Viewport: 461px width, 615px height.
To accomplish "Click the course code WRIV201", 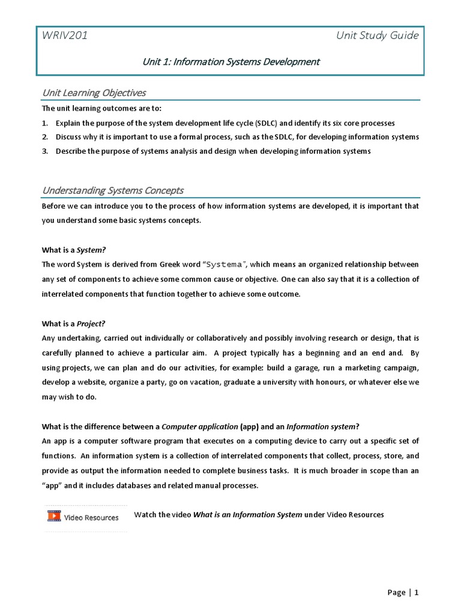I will (64, 35).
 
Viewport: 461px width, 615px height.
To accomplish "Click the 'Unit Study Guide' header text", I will (378, 35).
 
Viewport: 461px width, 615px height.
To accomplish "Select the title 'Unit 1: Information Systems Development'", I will (230, 61).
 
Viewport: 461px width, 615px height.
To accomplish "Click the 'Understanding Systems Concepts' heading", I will (113, 190).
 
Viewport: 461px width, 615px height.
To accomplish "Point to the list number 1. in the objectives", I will (45, 123).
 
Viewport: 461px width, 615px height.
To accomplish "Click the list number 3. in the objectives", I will (45, 151).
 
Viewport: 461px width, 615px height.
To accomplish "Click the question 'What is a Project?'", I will (77, 324).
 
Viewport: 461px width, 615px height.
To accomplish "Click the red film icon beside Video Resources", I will (54, 516).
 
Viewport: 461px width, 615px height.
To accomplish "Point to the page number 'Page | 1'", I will (403, 592).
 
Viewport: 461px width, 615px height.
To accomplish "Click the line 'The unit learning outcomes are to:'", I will (101, 109).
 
